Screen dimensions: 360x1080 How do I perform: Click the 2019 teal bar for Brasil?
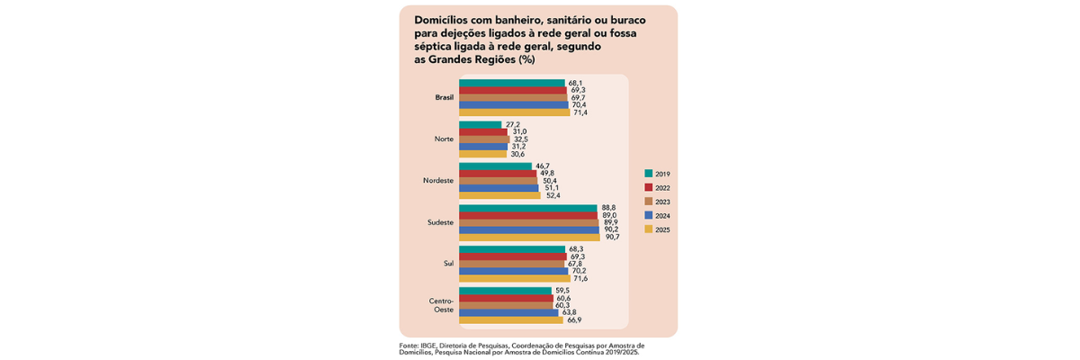[511, 83]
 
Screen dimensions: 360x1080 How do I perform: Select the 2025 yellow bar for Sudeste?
[529, 238]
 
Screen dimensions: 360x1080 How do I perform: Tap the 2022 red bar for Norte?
[483, 132]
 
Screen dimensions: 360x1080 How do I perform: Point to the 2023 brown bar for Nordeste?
[498, 181]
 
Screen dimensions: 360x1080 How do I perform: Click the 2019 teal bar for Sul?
[511, 249]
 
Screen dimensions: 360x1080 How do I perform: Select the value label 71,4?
[580, 112]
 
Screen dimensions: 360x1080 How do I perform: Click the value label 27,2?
[513, 125]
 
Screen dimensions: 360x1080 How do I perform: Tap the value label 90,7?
[612, 238]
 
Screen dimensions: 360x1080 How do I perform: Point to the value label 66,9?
[574, 320]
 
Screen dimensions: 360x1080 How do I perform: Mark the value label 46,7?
[542, 166]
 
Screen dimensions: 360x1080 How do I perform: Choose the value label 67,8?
[575, 264]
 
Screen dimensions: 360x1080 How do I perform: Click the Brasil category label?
[445, 97]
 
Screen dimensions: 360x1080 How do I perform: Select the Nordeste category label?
[438, 181]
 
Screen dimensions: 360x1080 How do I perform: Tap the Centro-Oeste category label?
[441, 305]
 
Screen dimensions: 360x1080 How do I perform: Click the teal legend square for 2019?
[648, 174]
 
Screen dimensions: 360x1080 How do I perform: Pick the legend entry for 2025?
[662, 230]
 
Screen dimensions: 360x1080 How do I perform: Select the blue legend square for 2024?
[648, 216]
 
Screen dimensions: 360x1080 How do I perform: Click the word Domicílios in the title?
[445, 19]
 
